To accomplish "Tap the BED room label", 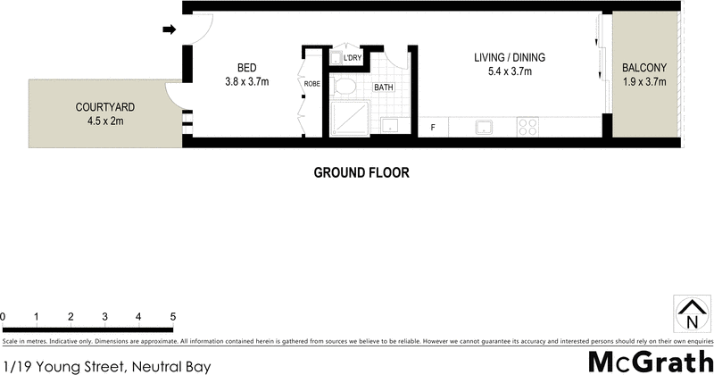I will (x=248, y=68).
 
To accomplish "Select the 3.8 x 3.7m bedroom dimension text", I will (x=248, y=83).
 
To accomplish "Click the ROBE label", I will (x=312, y=84).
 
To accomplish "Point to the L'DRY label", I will (x=352, y=58).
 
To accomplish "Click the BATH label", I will (x=384, y=87).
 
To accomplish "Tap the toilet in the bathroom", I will (x=342, y=87).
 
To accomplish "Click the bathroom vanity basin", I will (x=389, y=125).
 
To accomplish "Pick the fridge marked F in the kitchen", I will (x=433, y=127).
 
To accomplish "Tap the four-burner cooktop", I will (x=528, y=126).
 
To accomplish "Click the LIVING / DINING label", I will (x=509, y=58).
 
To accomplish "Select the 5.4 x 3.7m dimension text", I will (x=509, y=72).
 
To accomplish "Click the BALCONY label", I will (x=644, y=68).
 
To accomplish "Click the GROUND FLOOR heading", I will (x=361, y=172).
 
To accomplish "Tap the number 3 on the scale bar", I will (x=104, y=317).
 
